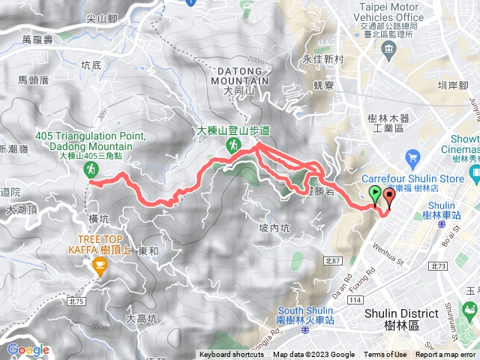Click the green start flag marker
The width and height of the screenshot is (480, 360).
375,196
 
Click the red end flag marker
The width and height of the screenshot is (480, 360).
389,197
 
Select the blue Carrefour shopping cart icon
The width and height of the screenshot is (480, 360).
411,157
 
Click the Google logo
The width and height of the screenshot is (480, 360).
28,349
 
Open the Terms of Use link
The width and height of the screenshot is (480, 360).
385,355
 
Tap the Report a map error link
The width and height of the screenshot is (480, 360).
445,355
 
